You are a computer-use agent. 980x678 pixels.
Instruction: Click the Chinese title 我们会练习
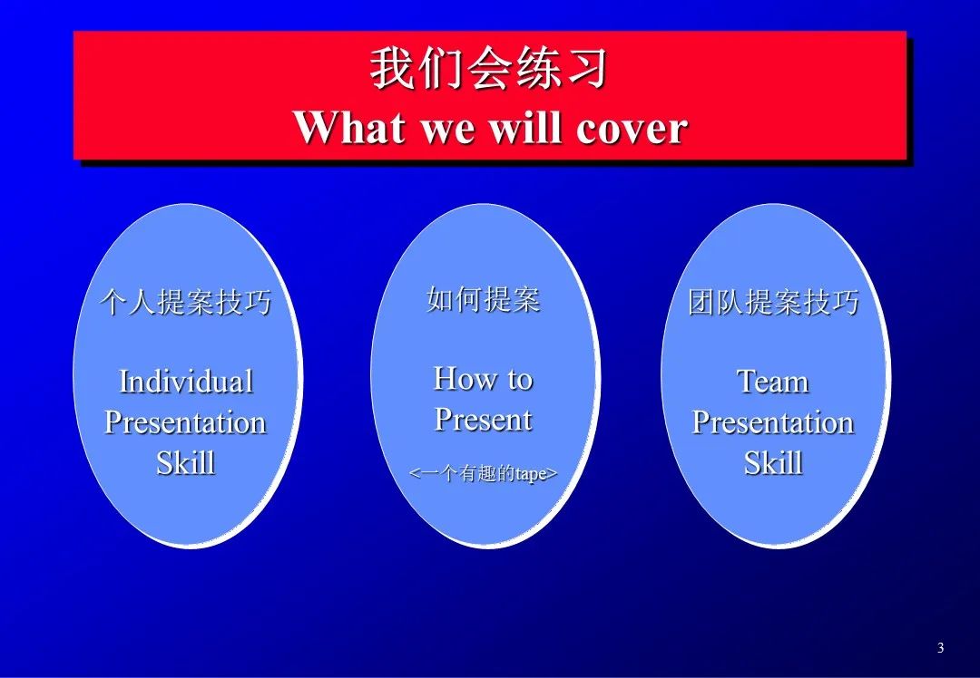point(488,68)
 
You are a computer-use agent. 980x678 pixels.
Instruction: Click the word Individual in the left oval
point(186,382)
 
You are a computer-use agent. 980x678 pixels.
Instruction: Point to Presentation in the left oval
point(185,422)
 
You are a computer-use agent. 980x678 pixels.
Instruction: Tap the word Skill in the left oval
point(186,462)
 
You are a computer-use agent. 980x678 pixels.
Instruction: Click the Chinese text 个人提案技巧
point(186,302)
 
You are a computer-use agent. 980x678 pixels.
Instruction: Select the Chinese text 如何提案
point(483,299)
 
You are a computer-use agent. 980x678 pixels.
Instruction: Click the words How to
point(483,378)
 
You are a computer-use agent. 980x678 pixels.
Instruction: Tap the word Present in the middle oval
point(483,419)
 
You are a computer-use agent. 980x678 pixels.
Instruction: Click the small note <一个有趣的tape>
point(483,474)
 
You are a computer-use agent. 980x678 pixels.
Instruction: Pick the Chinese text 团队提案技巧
point(774,302)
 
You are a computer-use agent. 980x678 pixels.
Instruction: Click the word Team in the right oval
point(773,382)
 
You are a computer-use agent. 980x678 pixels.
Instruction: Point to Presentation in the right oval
point(773,422)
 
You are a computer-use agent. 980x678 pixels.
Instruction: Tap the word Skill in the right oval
point(774,462)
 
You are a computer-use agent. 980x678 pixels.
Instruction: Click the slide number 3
point(941,648)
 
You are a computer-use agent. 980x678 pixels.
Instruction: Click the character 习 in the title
point(587,69)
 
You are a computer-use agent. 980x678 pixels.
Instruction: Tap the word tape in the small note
point(531,474)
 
